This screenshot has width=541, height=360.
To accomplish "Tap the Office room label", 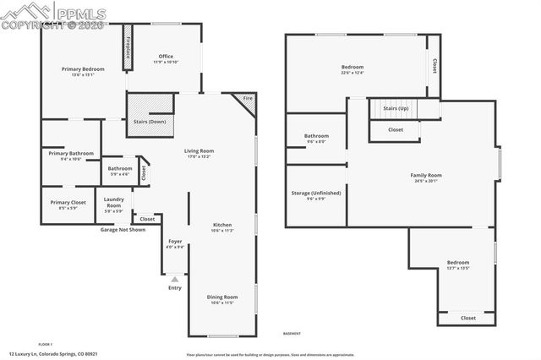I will pos(165,59).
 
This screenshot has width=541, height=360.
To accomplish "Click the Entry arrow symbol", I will pos(175,279).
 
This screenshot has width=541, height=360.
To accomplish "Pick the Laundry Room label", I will pos(113,203).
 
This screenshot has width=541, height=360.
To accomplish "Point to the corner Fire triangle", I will pos(247,101).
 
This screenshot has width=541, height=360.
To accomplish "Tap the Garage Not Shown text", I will pos(123,230).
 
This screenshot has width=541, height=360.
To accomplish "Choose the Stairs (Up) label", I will pos(396,109).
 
